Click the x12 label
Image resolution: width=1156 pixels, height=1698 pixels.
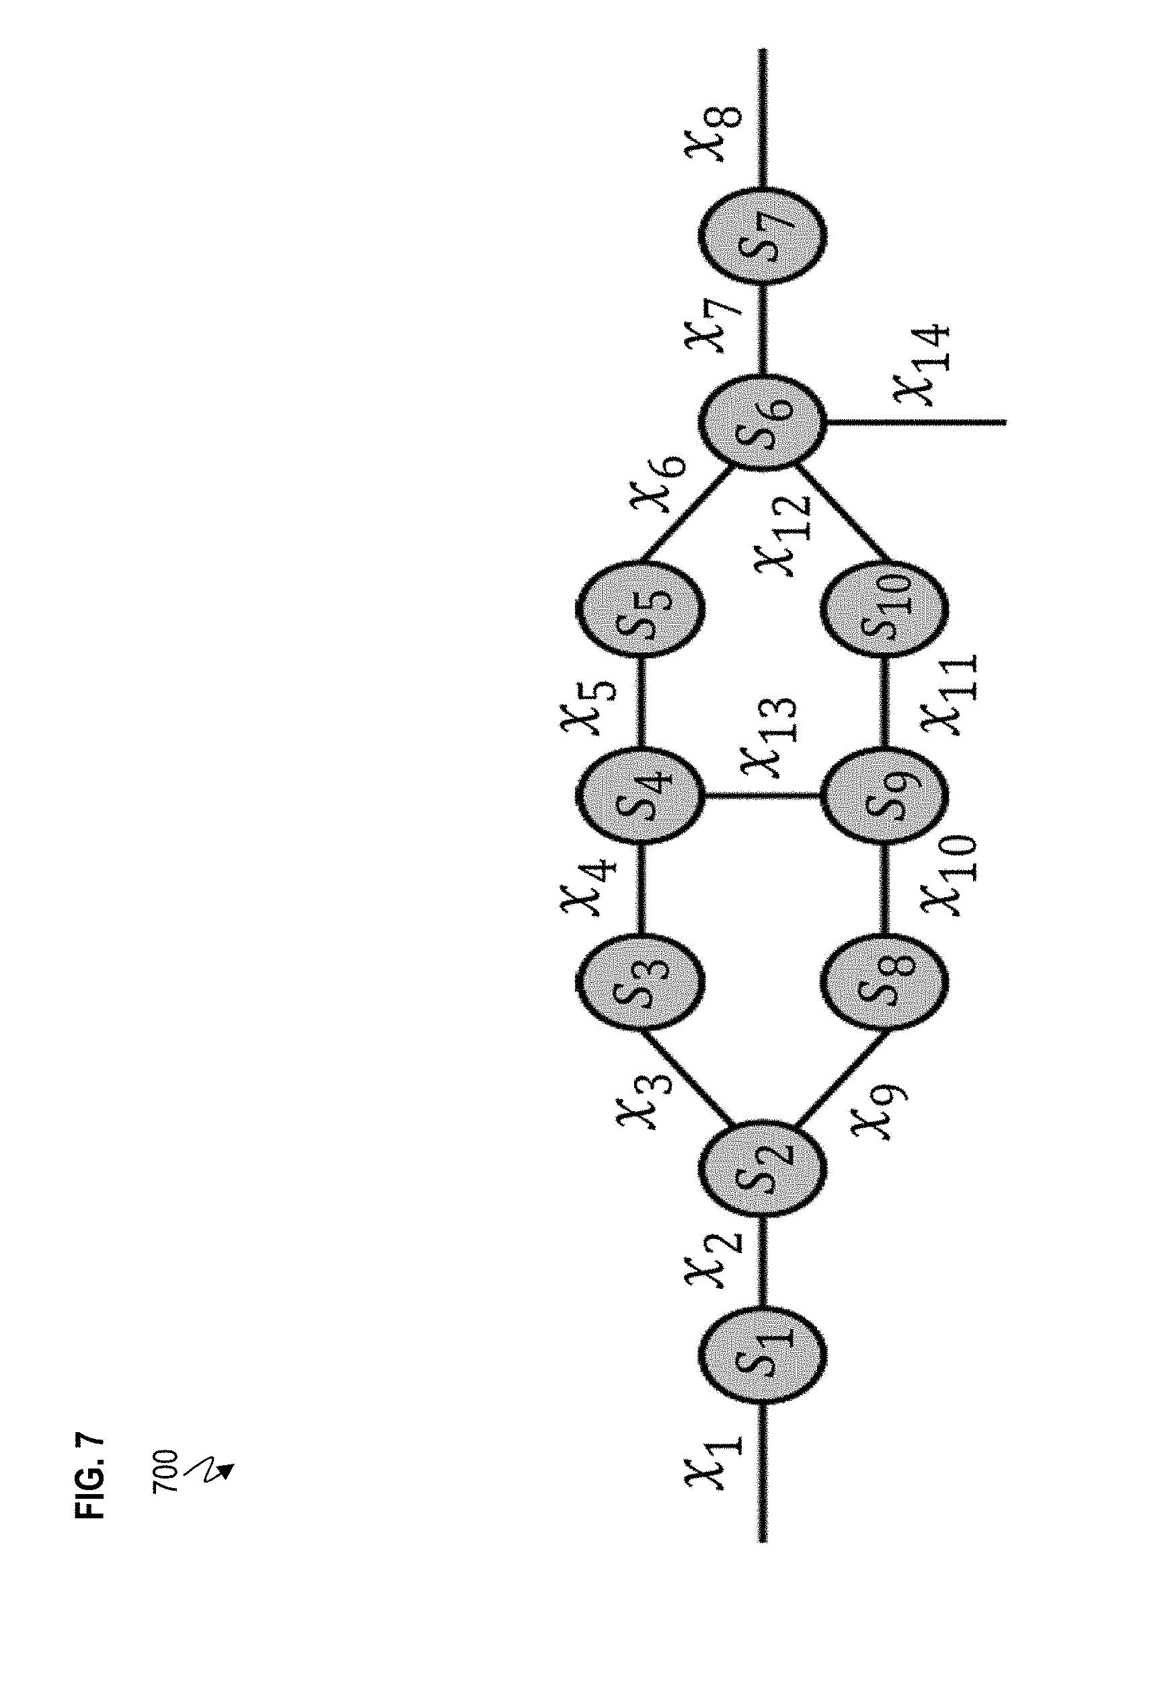point(785,535)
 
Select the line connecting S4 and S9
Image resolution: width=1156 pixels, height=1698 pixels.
point(763,795)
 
